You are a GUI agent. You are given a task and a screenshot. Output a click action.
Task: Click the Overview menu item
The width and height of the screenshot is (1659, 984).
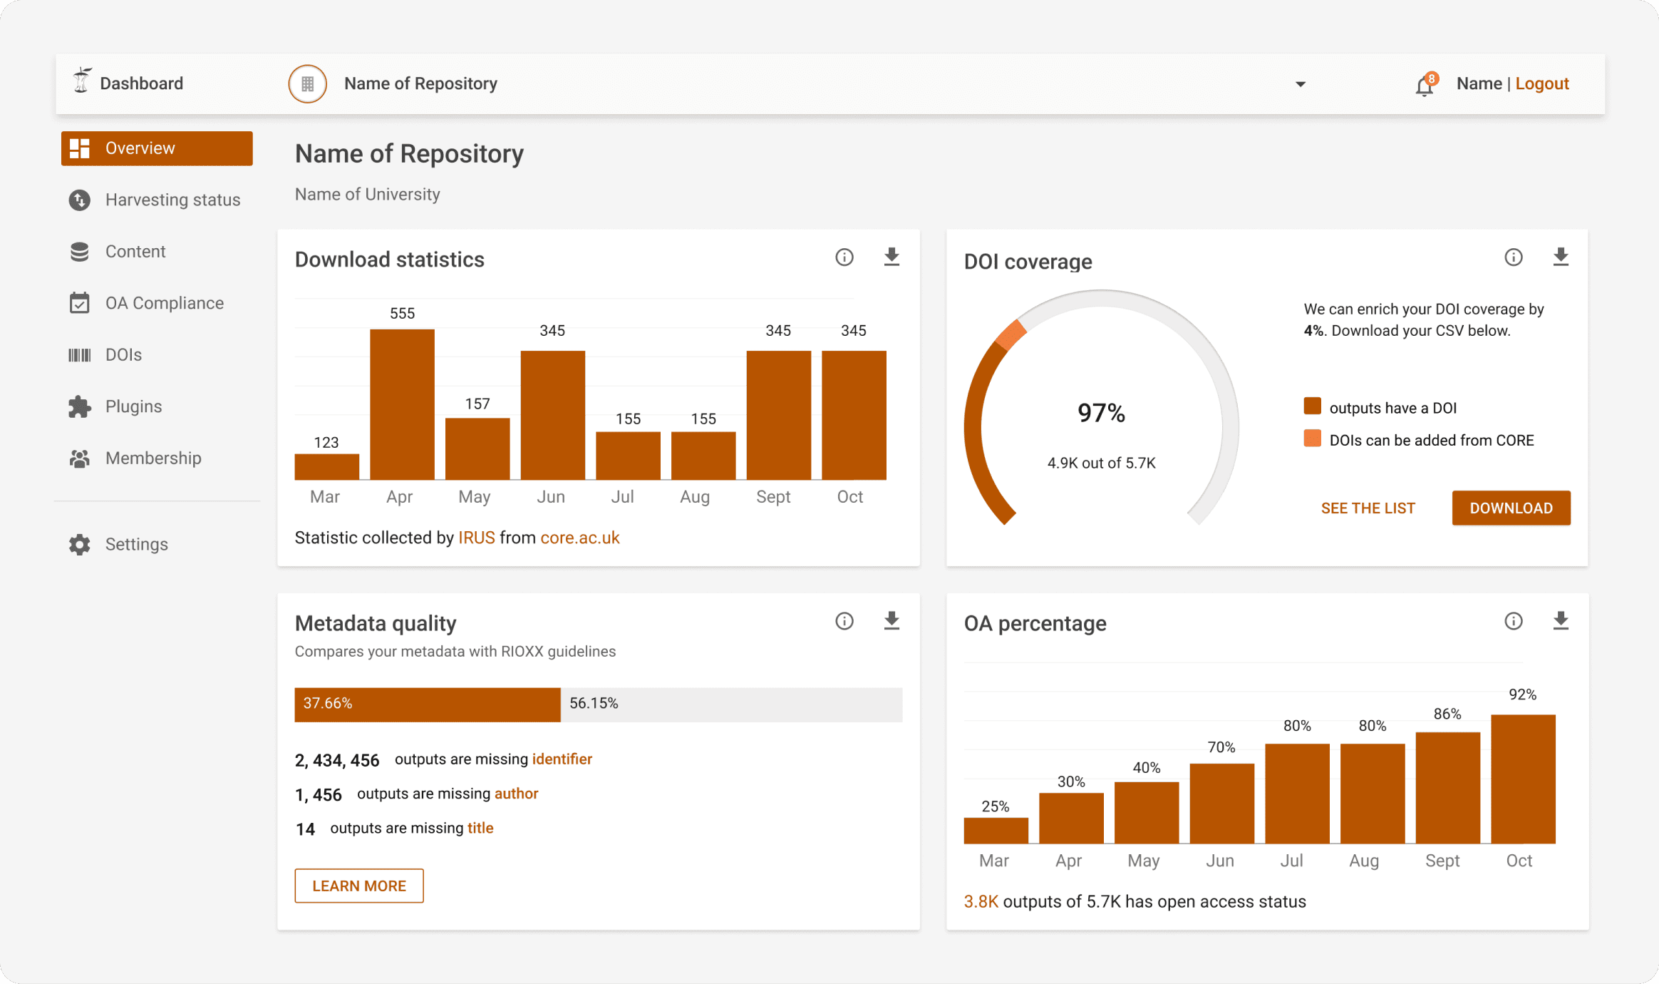(157, 148)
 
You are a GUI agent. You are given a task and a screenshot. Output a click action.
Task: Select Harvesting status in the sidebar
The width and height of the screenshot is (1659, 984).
(172, 200)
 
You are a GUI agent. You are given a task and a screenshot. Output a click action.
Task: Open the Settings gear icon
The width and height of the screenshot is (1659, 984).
(80, 545)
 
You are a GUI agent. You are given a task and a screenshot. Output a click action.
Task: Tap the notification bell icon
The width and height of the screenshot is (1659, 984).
(1424, 86)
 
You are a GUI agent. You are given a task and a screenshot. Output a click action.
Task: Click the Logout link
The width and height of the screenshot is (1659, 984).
(1541, 84)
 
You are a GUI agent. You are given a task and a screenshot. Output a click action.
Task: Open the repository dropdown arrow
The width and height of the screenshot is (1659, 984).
(1301, 84)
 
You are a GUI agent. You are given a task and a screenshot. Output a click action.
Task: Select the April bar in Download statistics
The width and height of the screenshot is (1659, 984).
(402, 404)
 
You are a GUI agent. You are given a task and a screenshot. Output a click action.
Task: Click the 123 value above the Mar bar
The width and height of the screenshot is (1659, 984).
(326, 443)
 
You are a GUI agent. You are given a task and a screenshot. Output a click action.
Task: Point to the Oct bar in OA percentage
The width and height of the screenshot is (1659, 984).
(1523, 779)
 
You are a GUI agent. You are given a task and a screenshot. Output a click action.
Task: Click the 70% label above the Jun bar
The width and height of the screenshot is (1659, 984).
(1221, 747)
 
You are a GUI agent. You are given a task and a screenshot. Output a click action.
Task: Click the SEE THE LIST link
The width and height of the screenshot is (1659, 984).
(1368, 508)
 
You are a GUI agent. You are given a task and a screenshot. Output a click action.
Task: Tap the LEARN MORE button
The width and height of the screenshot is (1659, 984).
(359, 886)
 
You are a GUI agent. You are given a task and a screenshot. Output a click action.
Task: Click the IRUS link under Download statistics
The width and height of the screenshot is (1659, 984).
(476, 538)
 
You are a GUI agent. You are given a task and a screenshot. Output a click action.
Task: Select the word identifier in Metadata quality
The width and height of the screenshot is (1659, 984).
(562, 759)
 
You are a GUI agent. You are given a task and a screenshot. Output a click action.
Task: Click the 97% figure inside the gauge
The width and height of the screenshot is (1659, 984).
(1101, 413)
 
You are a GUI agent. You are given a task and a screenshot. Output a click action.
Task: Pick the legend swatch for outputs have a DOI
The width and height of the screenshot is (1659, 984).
(1312, 406)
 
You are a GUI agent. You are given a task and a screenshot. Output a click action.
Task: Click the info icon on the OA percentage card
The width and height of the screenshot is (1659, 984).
(1514, 621)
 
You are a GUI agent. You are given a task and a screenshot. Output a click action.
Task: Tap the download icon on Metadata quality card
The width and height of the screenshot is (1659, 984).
(891, 621)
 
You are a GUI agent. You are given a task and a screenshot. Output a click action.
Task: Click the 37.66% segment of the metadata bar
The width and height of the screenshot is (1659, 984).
(428, 704)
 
